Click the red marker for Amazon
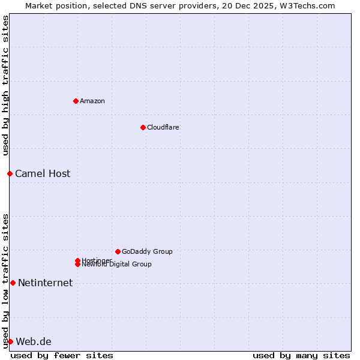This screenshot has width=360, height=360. [76, 101]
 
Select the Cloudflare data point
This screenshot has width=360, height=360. [143, 127]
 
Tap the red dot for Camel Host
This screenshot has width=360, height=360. [10, 173]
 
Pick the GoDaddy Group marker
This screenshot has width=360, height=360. [118, 251]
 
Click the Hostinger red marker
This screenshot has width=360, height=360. [77, 260]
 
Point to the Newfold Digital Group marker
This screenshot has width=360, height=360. [77, 265]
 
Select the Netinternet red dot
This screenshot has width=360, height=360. [13, 283]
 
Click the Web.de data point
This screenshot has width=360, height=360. [10, 341]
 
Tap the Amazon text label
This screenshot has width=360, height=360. [92, 101]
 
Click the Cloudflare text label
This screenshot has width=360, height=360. [163, 127]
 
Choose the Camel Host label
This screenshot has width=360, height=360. [43, 173]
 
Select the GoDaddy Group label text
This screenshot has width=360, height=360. [147, 251]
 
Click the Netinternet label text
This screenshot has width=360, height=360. [45, 283]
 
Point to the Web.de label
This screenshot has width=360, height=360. [34, 341]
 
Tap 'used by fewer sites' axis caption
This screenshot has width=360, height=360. [62, 355]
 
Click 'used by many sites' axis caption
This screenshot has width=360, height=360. [301, 355]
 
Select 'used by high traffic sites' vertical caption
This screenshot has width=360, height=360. [6, 85]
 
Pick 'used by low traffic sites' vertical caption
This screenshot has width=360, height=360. [6, 281]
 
